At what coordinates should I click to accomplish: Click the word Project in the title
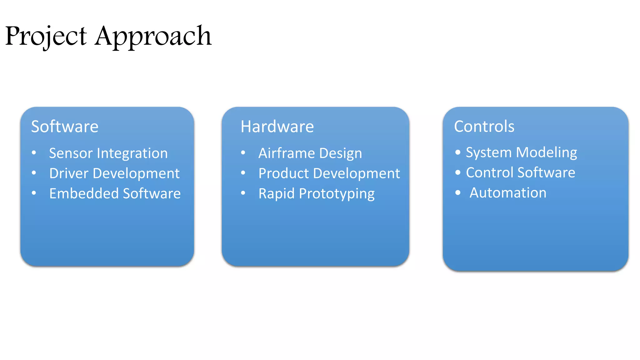46,36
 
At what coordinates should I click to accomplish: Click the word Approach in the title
153,36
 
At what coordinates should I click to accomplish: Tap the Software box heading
65,127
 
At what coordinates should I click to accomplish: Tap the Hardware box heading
277,127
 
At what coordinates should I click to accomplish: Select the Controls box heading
484,127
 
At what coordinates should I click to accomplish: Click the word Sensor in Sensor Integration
71,153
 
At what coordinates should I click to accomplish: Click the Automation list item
508,193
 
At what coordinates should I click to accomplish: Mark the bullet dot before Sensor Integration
34,153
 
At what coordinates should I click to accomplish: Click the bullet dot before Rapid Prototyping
243,193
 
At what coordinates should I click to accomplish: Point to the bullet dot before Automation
458,192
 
